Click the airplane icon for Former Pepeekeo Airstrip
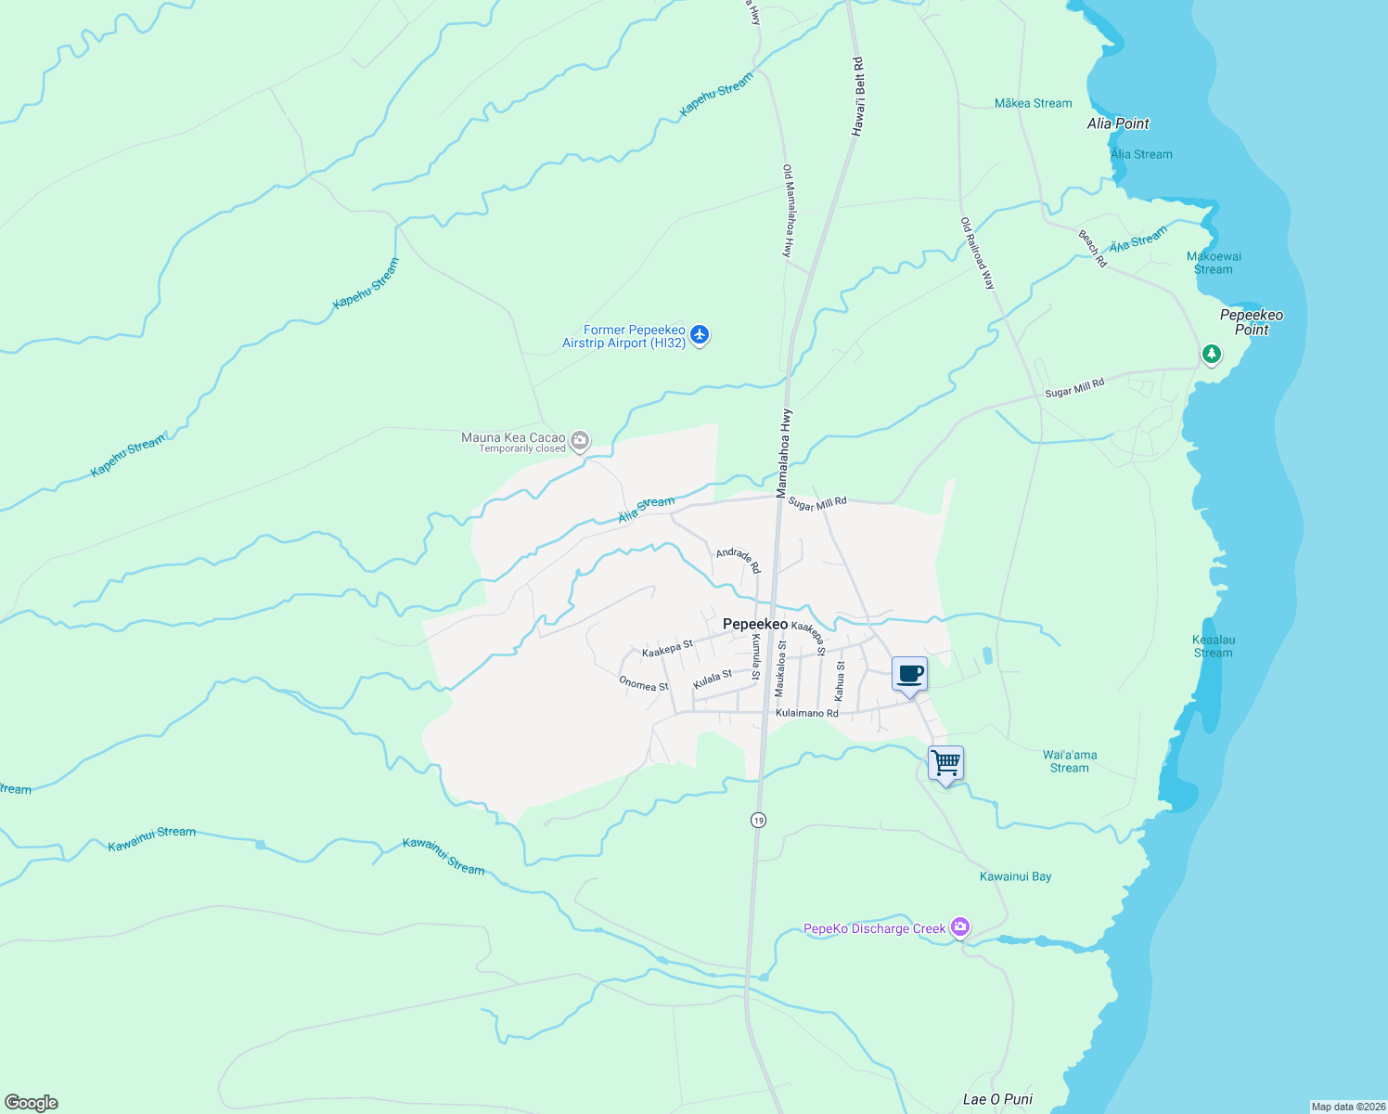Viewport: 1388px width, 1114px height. coord(700,335)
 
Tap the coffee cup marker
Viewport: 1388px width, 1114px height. coord(909,674)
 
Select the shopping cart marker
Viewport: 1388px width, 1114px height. coord(945,764)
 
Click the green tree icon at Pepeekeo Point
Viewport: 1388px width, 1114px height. coord(1211,354)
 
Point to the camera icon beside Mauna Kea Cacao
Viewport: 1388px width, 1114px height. coord(580,440)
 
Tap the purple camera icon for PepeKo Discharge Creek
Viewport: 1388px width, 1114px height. coord(960,926)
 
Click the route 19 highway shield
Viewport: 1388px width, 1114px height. coord(759,821)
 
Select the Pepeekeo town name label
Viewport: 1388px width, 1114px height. coord(755,624)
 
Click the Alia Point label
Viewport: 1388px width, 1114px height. coord(1118,123)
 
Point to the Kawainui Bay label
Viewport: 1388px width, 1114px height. coord(1016,876)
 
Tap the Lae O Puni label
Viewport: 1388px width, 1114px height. coord(997,1099)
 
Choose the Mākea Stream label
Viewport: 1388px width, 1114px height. coord(1033,103)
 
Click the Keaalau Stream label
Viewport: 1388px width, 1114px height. coord(1214,646)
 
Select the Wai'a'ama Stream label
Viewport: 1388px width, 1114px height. coord(1070,761)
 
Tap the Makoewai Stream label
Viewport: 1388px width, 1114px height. coord(1214,263)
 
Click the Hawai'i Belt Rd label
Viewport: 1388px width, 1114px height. coord(858,97)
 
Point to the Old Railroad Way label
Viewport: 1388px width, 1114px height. coord(978,253)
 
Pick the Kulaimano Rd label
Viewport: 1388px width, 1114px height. coord(807,713)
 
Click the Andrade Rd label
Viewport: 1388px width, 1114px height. coord(739,560)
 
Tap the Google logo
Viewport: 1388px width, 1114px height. coord(32,1103)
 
